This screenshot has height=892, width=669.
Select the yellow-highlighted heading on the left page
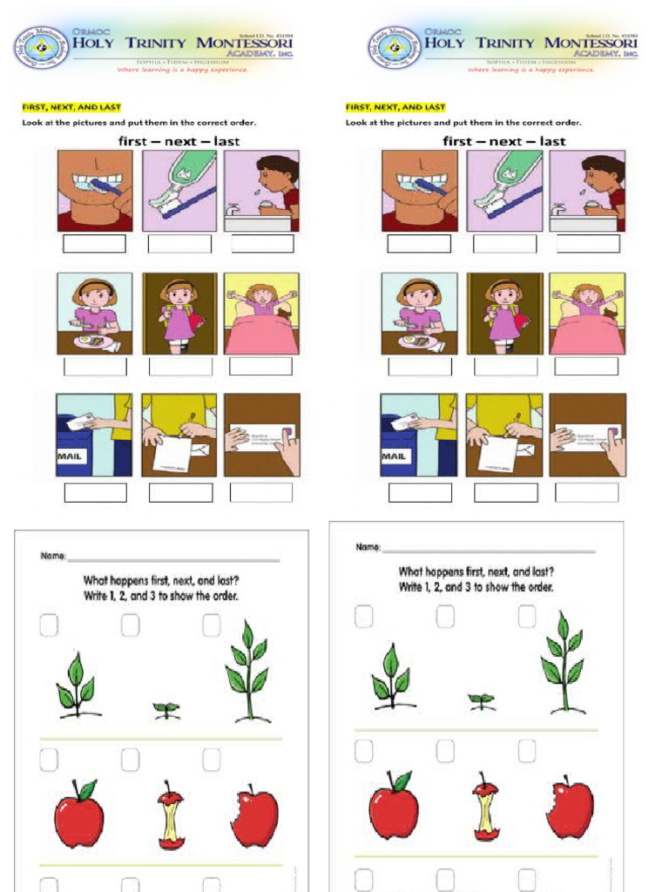point(71,107)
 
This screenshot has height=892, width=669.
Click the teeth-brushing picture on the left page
point(95,190)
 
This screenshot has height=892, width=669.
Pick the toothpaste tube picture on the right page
point(504,190)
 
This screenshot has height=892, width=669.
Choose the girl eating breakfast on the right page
point(419,313)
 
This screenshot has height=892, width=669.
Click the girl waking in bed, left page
point(261,313)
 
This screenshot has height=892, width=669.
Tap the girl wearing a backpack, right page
point(504,313)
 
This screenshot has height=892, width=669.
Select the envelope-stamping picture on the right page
point(586,435)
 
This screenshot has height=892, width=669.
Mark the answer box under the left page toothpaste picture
point(179,244)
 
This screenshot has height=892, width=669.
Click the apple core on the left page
point(171,815)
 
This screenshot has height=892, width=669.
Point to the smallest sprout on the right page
point(481,699)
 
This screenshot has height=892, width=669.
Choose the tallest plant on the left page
point(248,671)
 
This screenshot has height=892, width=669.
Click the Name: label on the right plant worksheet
point(368,547)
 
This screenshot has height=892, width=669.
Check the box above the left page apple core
point(130,760)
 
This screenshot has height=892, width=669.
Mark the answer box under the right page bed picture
point(586,367)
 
